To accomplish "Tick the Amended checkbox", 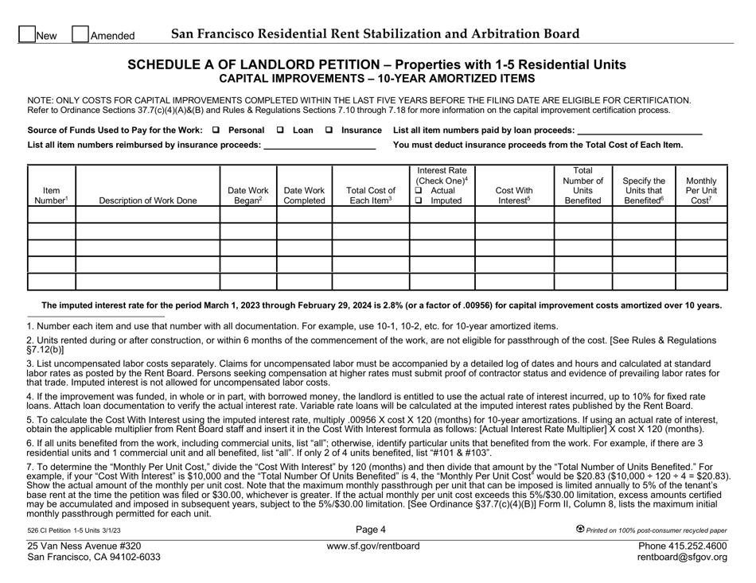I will coord(80,34).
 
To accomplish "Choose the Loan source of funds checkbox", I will coord(280,130).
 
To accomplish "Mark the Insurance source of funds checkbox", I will coord(328,130).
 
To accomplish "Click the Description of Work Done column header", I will coord(147,200).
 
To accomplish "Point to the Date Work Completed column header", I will coord(303,195).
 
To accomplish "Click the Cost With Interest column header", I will coord(514,195).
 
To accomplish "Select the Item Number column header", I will coord(50,195).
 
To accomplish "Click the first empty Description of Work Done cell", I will coord(147,215).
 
